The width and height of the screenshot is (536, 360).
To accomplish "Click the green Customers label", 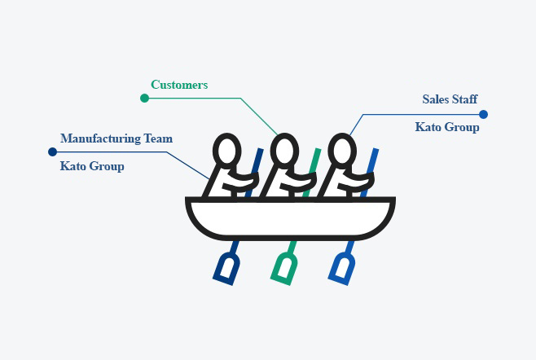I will click(x=179, y=85).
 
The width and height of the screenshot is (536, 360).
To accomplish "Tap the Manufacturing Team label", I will click(x=116, y=138).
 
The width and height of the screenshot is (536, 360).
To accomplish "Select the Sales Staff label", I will click(x=450, y=99).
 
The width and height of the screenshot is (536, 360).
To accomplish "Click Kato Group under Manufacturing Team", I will click(x=92, y=167).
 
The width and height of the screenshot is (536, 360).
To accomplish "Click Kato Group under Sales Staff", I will click(x=447, y=128).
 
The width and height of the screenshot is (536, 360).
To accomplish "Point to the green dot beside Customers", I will click(x=144, y=98).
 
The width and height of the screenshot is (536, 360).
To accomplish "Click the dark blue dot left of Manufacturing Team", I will click(x=52, y=151).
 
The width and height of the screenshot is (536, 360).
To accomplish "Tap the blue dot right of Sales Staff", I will click(x=483, y=114).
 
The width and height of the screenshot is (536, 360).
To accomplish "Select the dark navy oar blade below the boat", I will click(x=226, y=268).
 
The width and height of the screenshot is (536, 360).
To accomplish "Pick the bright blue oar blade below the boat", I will click(x=342, y=268).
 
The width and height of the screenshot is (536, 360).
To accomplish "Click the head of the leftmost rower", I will click(x=226, y=151).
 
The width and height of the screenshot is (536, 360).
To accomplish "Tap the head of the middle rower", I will click(x=283, y=151).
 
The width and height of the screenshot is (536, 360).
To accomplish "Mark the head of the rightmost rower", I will click(x=340, y=151).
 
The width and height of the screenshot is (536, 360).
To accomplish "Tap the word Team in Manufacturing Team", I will click(x=157, y=138).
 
